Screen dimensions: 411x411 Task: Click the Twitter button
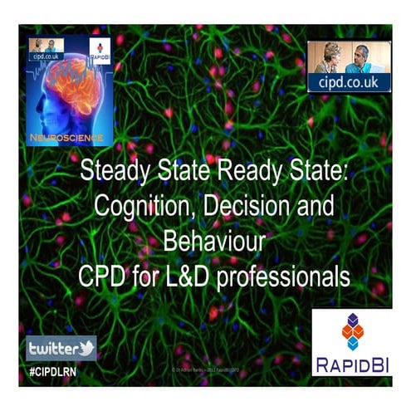[x=61, y=347]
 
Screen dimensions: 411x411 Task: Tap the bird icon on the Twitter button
[x=86, y=347]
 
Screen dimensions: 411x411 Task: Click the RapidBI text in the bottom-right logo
[x=352, y=364]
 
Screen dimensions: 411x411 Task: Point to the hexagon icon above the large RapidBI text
[x=352, y=331]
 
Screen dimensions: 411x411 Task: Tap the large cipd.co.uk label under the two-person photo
[x=349, y=82]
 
